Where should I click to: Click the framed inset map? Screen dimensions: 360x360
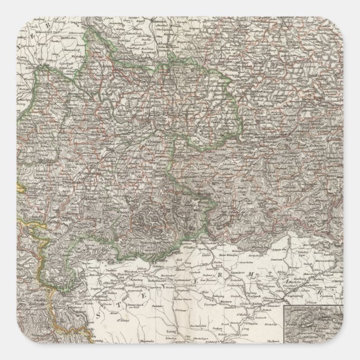point(321,330)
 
